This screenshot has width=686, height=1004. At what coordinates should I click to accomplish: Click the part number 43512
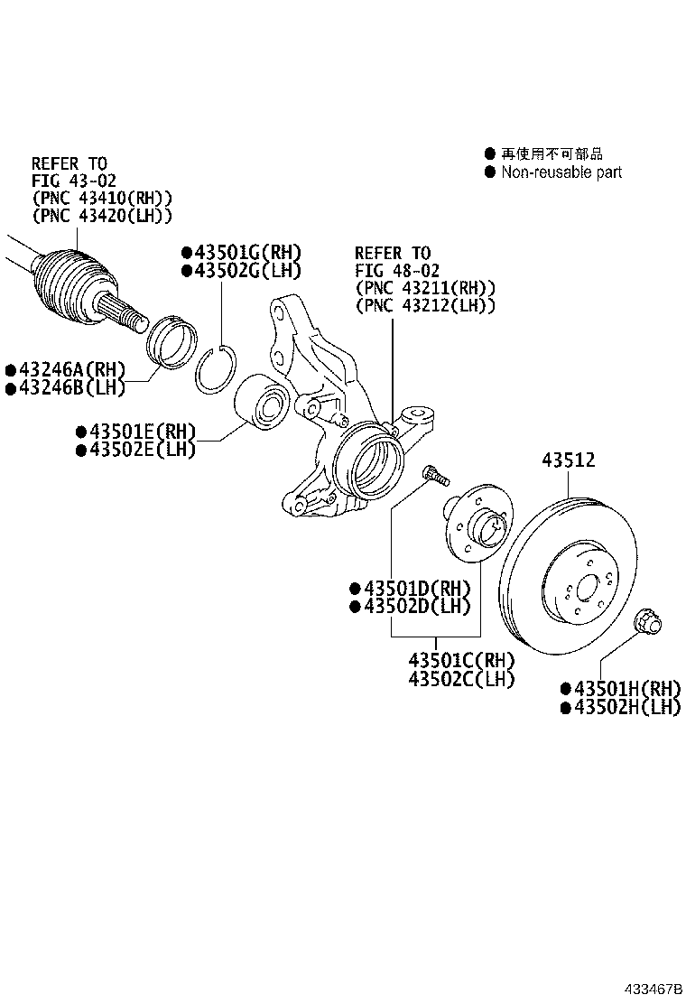(x=568, y=460)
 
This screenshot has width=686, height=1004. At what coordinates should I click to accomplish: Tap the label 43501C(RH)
(x=461, y=660)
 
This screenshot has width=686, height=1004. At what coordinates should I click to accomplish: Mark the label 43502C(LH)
(x=461, y=678)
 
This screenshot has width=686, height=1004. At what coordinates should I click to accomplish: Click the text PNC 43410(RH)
(x=101, y=198)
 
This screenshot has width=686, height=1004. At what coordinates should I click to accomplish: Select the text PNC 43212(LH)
(x=425, y=305)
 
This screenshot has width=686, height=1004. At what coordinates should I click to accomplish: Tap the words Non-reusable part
(x=561, y=172)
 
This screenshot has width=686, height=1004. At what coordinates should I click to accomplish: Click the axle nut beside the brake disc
(x=649, y=622)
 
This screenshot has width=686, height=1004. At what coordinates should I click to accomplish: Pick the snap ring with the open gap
(x=217, y=370)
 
